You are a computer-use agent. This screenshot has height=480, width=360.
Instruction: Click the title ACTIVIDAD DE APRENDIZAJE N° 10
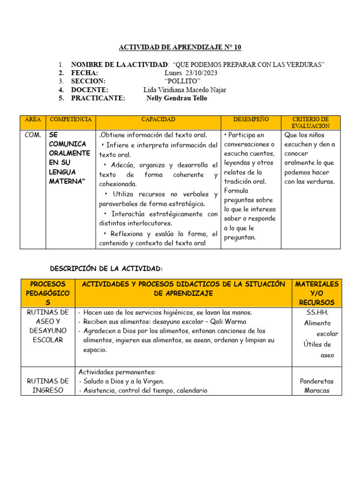click(180, 47)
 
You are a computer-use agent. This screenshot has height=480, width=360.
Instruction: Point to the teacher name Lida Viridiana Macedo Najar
click(185, 90)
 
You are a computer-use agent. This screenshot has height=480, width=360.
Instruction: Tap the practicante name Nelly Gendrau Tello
click(177, 98)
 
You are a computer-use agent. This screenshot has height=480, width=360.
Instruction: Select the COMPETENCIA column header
click(71, 120)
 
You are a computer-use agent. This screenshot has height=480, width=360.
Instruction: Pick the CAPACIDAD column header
click(158, 120)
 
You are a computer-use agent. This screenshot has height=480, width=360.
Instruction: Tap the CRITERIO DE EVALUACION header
click(311, 123)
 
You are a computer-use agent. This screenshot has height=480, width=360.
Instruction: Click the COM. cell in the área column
click(32, 135)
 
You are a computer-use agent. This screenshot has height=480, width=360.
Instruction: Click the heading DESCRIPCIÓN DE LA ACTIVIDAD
click(106, 268)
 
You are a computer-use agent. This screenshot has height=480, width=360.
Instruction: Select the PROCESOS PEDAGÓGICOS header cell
click(47, 293)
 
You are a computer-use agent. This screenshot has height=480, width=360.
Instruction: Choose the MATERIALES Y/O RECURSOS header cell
click(317, 293)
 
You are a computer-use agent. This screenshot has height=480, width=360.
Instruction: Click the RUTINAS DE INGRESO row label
click(47, 385)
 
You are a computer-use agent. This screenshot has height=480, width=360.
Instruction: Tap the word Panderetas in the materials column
click(317, 381)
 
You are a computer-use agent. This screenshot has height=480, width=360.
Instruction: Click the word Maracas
click(317, 390)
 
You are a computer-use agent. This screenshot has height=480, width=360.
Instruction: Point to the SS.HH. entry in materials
click(317, 312)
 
